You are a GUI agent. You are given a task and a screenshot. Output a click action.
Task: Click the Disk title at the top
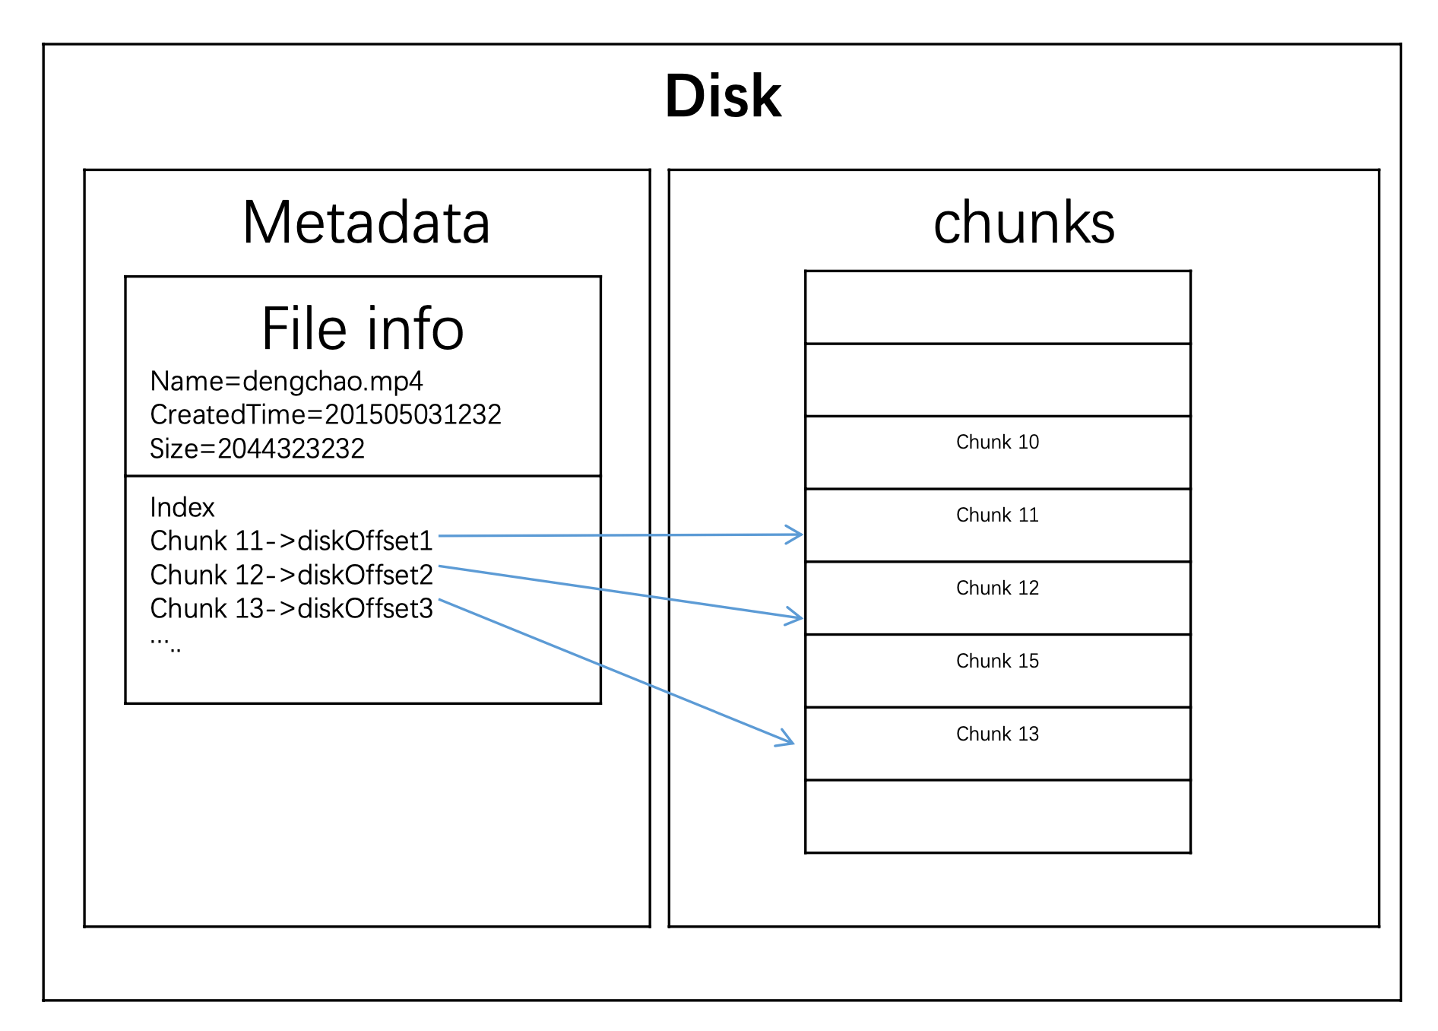pos(723,97)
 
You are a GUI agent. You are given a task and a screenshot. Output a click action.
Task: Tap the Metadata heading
pos(366,223)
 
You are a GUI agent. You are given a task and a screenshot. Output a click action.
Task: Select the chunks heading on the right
pos(1023,223)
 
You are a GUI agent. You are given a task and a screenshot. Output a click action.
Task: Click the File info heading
pos(363,329)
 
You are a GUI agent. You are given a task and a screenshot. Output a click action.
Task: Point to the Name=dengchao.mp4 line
pos(286,381)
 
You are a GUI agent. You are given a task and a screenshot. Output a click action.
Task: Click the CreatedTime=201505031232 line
pos(325,414)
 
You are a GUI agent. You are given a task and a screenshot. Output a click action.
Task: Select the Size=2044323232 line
pos(257,449)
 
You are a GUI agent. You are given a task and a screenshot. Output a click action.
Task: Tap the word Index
pos(182,507)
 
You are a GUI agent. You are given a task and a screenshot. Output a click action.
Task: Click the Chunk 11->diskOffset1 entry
pos(291,541)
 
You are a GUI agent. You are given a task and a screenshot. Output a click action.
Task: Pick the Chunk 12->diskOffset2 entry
pos(291,575)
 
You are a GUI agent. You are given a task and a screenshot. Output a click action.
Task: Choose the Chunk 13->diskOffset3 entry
pos(291,608)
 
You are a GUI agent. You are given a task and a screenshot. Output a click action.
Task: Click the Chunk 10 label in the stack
pos(997,442)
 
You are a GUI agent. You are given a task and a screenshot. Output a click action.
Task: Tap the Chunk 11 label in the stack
pos(997,515)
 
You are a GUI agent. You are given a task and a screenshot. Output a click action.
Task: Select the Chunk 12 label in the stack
pos(997,588)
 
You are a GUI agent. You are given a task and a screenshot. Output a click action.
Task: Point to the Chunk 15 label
pos(997,661)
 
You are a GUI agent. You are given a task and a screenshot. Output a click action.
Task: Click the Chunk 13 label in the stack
pos(997,734)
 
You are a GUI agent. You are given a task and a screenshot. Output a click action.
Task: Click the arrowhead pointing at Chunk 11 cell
pos(796,535)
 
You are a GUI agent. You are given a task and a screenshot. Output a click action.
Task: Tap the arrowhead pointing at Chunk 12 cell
pos(796,617)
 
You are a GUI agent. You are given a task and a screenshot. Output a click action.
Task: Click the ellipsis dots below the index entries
pos(166,645)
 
